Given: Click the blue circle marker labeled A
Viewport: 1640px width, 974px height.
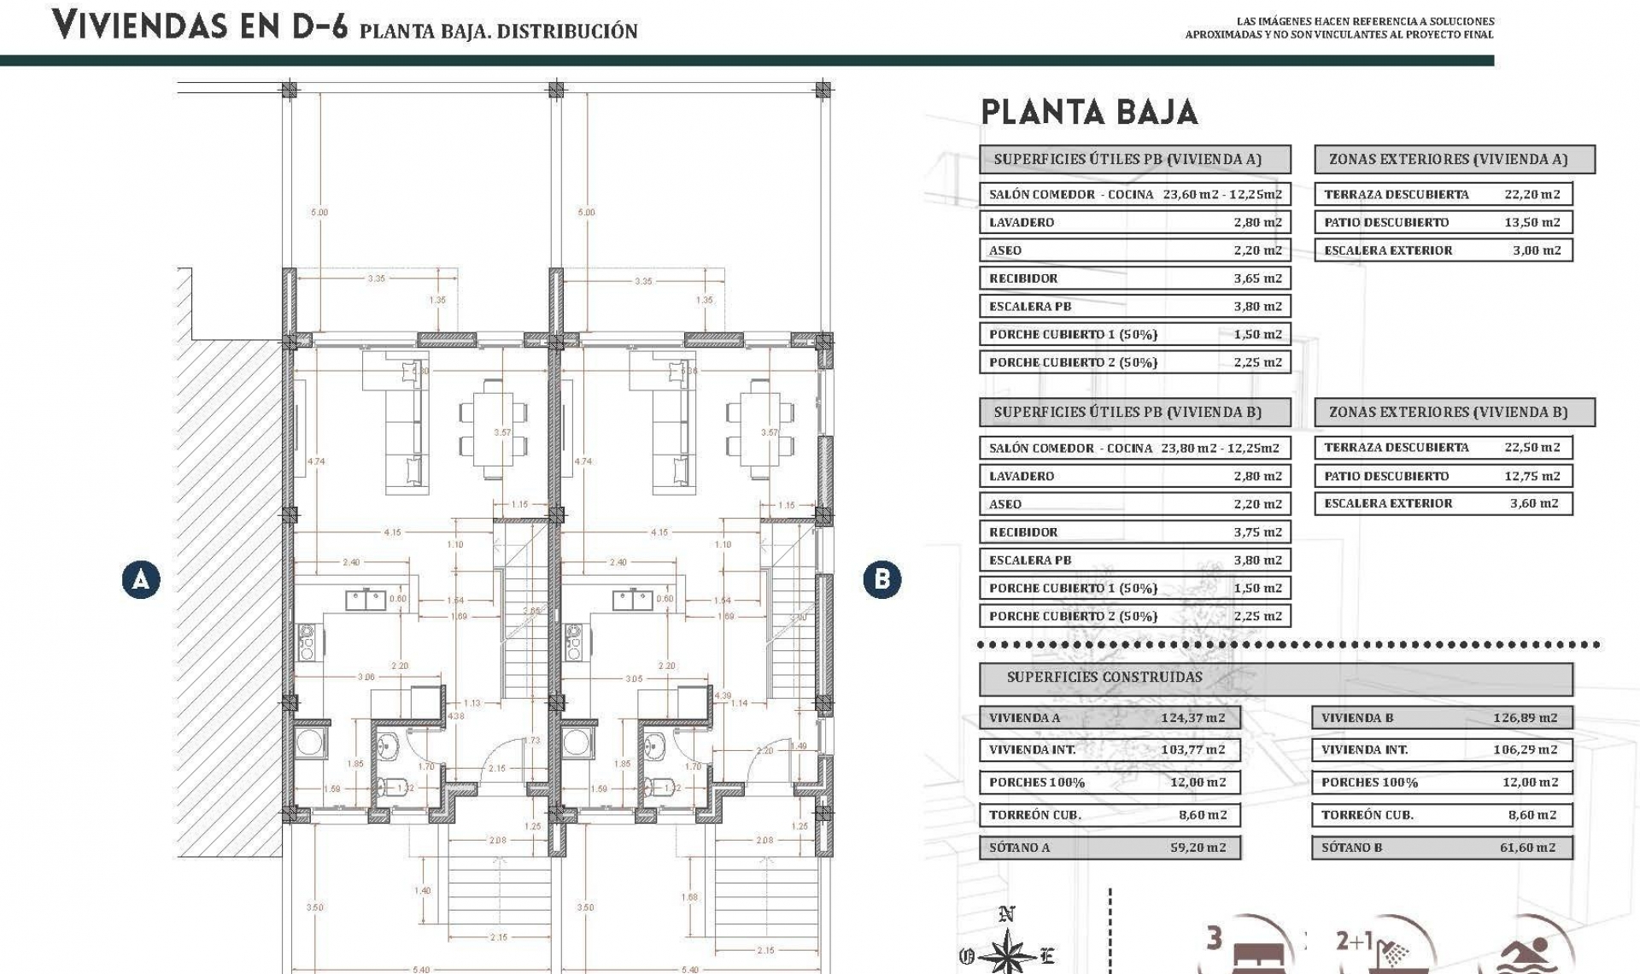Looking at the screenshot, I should tap(141, 580).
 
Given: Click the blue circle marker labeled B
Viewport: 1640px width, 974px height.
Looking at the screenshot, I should tap(881, 580).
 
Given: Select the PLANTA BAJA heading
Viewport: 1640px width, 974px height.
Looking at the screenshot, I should tap(1089, 113).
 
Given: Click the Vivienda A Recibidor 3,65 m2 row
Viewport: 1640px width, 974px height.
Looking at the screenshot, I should tap(1134, 279).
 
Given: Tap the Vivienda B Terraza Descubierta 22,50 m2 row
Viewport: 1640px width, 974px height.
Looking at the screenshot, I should tap(1443, 448).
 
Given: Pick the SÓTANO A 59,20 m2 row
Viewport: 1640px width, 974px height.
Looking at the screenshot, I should tap(1109, 848).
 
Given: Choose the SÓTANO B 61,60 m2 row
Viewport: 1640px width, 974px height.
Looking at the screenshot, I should tap(1441, 848).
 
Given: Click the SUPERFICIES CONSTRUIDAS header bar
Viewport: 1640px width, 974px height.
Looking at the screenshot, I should tap(1275, 678).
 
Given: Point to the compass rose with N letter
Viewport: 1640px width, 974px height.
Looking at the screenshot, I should tap(1009, 948).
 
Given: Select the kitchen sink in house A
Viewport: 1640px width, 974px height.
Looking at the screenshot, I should tap(366, 601).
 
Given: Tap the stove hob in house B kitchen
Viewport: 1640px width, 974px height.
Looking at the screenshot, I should tap(573, 642).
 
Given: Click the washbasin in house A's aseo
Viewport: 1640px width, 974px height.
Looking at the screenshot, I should tap(389, 747).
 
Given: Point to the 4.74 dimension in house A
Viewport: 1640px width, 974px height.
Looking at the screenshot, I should tap(316, 461).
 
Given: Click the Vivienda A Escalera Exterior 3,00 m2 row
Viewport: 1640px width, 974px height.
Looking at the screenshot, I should tap(1443, 250).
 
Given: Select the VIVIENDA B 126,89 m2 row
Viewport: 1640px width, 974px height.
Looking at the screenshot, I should tap(1441, 718).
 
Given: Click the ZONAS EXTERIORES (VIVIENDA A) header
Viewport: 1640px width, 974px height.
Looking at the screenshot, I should tap(1454, 159).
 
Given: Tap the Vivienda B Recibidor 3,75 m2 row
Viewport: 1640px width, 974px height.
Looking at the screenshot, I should tap(1134, 532).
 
